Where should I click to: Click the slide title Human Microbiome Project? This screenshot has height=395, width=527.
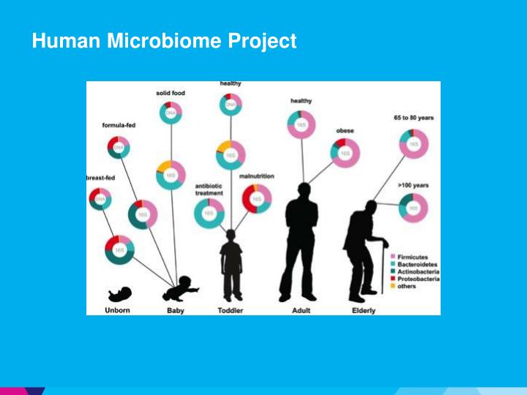coord(164,42)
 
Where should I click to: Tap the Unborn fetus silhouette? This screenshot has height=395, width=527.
coord(119,294)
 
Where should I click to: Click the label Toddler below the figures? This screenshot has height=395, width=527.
coord(231,310)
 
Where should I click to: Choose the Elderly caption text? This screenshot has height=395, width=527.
coord(363,310)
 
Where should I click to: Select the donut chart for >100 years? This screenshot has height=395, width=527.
coord(414,208)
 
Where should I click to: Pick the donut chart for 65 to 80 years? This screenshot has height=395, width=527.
coord(414,143)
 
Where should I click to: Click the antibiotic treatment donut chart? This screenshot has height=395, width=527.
coord(209,213)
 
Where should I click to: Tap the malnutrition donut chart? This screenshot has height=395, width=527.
coord(256,198)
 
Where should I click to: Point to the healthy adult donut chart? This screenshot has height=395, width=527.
coord(301,124)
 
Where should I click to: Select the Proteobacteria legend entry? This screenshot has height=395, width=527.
coord(418,279)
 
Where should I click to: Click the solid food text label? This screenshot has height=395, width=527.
coord(171,93)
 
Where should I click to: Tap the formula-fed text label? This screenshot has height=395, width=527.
coord(118,125)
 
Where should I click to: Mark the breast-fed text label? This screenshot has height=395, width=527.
coord(99,178)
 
